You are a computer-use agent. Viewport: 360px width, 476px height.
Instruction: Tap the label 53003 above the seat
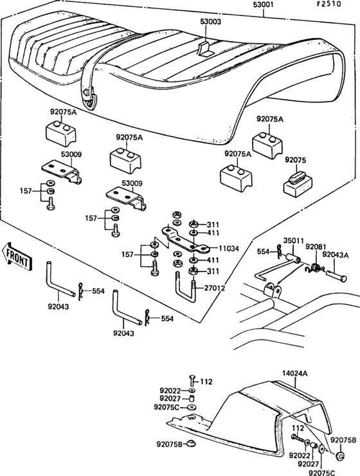tap(210, 22)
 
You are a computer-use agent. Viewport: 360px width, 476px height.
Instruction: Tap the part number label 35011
tap(294, 241)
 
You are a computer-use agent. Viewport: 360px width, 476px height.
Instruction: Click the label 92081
tap(316, 246)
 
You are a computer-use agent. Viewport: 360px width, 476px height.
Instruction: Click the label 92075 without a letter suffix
tap(296, 159)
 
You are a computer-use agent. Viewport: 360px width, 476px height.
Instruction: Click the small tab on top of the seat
tap(205, 48)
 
